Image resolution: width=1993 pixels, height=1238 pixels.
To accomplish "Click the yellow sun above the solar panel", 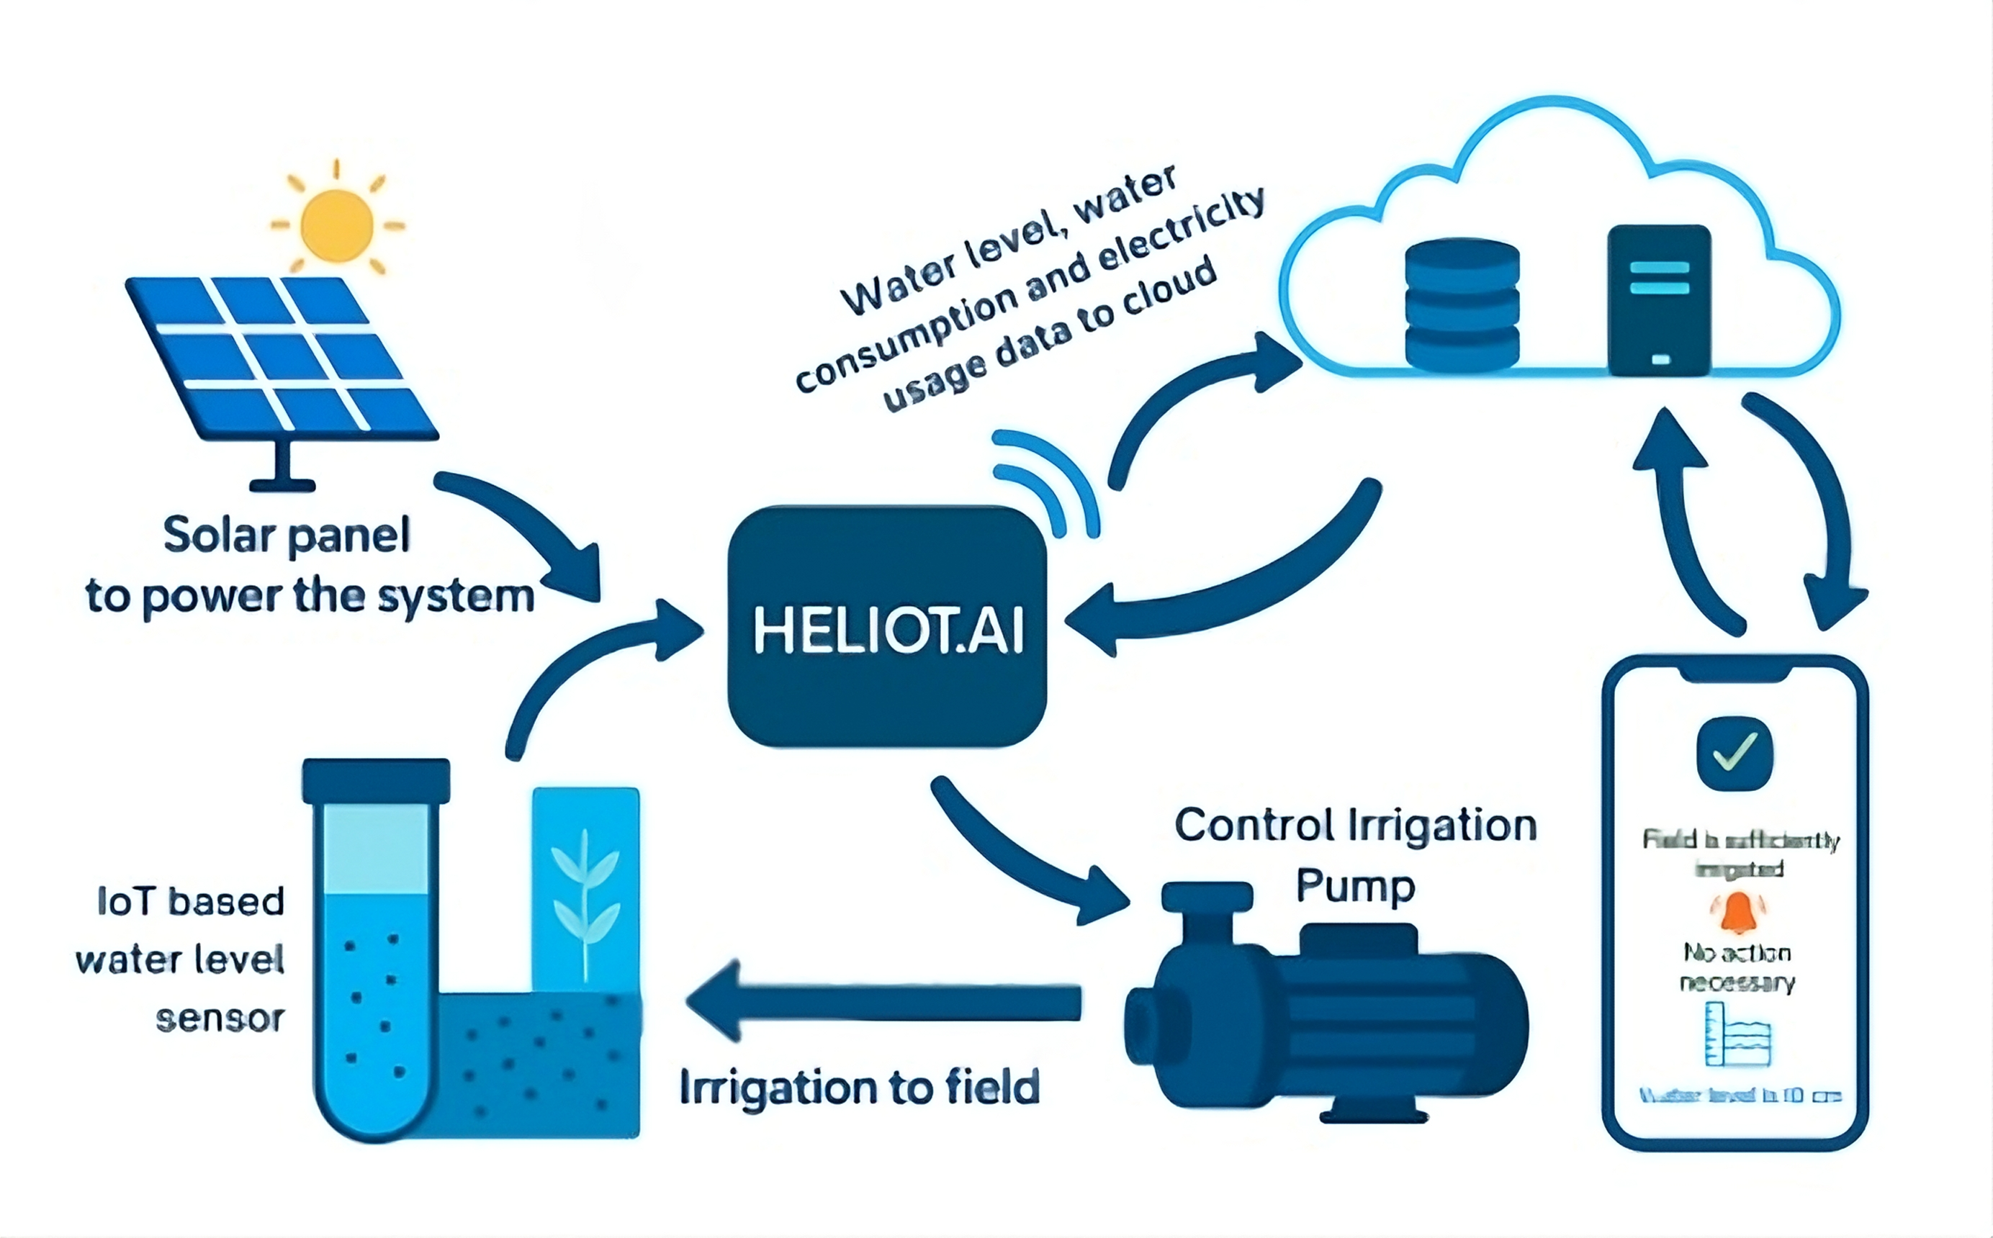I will (336, 225).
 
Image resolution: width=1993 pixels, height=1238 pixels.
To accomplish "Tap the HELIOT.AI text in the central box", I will (888, 630).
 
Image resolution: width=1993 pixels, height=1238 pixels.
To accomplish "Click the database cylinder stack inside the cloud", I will (1462, 304).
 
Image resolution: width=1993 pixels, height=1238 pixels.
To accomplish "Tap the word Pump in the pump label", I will (1355, 887).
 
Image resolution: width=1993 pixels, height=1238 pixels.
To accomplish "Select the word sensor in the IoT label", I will (220, 1018).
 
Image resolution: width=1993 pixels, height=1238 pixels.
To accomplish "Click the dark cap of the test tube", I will (376, 780).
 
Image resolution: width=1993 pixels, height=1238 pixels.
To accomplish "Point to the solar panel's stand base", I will (282, 484).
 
